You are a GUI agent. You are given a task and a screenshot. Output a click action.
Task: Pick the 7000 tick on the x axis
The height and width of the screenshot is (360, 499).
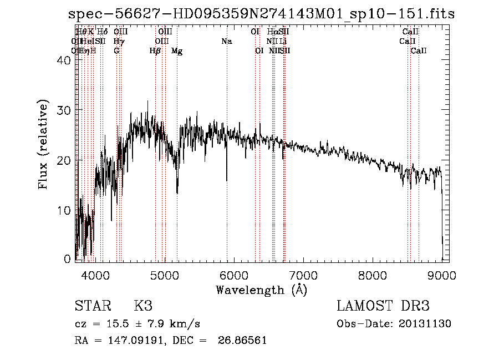[303, 275]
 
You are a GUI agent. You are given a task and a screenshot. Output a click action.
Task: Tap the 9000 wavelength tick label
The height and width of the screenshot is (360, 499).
[441, 275]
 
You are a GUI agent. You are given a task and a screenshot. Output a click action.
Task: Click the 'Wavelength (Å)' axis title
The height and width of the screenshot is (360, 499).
[261, 290]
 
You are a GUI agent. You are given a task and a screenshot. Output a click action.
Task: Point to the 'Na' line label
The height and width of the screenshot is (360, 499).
[226, 41]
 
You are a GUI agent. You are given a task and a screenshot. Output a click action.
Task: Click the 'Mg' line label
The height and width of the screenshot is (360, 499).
[177, 51]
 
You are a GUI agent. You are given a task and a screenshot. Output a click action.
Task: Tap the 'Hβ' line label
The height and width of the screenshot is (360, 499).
[155, 51]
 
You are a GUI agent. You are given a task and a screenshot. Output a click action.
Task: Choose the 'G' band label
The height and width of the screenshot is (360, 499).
[116, 51]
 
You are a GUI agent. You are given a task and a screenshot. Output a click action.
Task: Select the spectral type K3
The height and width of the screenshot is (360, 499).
[142, 306]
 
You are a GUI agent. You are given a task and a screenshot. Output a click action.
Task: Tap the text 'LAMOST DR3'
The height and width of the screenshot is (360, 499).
[383, 306]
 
